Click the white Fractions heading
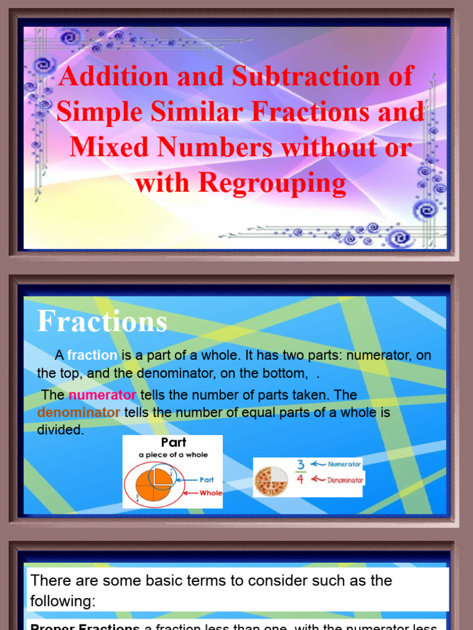click(102, 322)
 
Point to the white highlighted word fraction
click(92, 355)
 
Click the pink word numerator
click(102, 395)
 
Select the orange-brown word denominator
click(79, 413)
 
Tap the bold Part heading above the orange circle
click(173, 443)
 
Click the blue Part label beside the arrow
click(207, 480)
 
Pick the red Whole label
click(211, 493)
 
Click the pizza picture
click(271, 480)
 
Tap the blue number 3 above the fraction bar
click(301, 465)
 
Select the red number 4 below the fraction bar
click(301, 479)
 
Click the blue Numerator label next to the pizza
click(344, 465)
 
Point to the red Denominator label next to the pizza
click(345, 480)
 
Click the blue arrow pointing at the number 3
click(318, 465)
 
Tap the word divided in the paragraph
click(60, 431)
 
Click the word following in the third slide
click(62, 602)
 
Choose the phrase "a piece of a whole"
click(173, 455)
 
